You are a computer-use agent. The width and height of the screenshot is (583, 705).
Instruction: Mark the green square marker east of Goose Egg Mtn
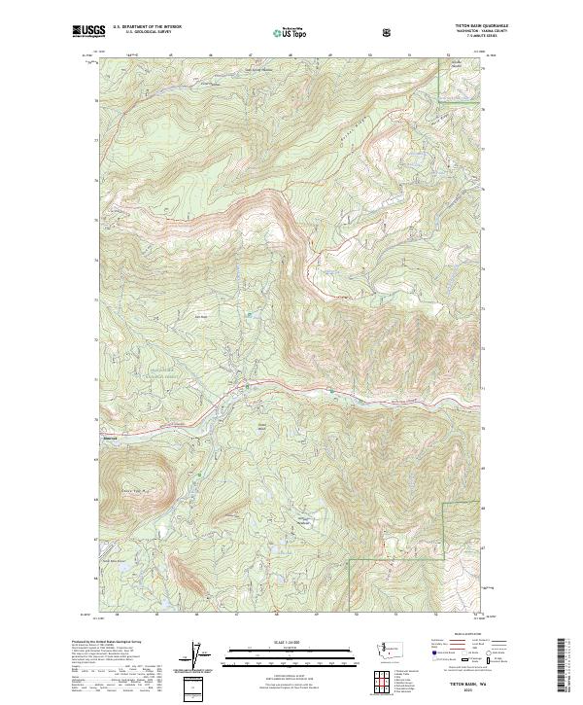[x=199, y=476]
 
